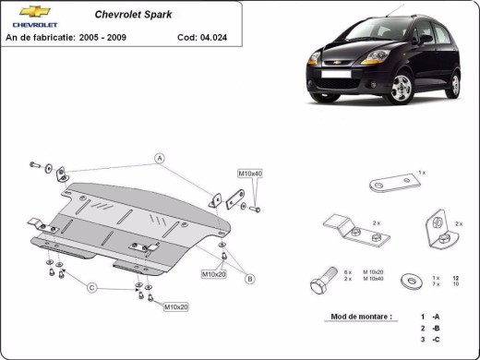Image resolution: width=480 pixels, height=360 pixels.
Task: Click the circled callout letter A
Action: [159, 158]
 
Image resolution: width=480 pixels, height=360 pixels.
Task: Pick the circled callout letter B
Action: [249, 278]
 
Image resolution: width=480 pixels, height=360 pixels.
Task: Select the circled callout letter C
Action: [92, 288]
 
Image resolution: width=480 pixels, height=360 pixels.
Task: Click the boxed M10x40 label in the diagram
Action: [250, 173]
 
